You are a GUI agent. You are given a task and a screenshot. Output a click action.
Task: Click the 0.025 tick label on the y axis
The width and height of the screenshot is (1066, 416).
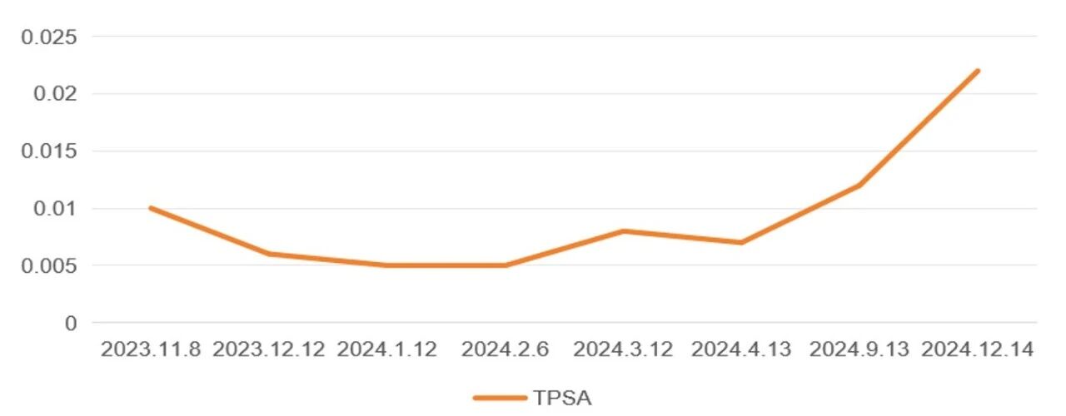click(x=49, y=37)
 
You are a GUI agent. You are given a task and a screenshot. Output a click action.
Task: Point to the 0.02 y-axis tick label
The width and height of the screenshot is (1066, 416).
click(x=55, y=93)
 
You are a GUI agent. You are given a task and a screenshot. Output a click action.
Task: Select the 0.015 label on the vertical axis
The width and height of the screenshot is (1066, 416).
click(x=49, y=151)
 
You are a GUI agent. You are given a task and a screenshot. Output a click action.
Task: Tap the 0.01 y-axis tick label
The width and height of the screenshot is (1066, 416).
click(x=55, y=208)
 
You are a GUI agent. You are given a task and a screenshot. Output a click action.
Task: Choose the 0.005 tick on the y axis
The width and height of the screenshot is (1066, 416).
click(x=49, y=265)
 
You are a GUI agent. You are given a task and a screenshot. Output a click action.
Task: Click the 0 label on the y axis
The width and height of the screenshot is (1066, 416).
click(x=71, y=324)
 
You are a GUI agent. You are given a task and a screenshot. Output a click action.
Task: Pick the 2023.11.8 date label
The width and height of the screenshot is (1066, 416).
click(x=151, y=349)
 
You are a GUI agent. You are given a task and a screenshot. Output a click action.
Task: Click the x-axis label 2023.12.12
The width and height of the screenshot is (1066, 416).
click(x=269, y=349)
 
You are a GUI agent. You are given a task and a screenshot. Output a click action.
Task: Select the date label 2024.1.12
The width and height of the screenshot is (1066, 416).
click(x=387, y=349)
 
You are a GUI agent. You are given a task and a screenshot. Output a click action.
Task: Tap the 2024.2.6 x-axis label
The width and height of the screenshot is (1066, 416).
click(x=505, y=349)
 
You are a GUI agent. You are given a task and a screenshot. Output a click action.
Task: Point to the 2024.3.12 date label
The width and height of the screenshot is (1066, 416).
click(x=623, y=349)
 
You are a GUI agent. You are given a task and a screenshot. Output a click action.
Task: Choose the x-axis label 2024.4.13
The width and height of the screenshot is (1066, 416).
click(x=741, y=349)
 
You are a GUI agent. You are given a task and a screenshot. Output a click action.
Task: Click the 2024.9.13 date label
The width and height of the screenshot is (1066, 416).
click(x=859, y=349)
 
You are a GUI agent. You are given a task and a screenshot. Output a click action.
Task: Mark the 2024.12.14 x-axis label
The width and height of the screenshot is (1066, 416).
click(x=978, y=349)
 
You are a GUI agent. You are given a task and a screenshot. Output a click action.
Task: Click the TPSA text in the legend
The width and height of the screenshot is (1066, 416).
click(x=562, y=398)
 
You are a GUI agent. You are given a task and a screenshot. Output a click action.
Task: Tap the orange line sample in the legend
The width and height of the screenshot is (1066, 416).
click(x=501, y=398)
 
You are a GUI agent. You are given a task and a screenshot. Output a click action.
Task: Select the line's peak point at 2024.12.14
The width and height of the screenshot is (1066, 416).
click(x=978, y=72)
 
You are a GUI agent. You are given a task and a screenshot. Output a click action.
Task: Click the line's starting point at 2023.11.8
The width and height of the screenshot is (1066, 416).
click(x=151, y=208)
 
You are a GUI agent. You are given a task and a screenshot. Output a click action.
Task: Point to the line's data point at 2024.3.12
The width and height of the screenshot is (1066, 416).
click(x=623, y=231)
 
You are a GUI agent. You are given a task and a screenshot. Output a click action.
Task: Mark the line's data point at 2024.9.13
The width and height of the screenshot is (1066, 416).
click(x=859, y=186)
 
